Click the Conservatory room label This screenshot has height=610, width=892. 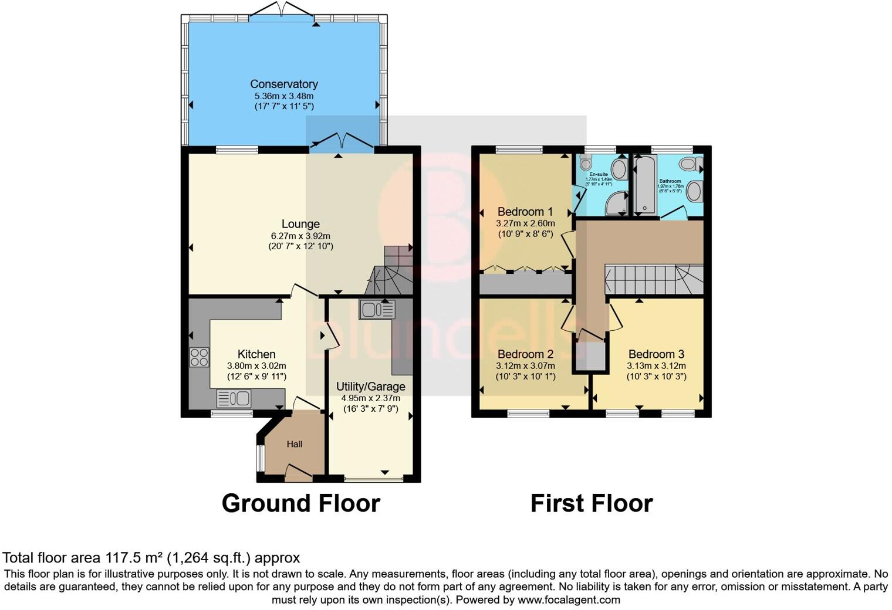284,84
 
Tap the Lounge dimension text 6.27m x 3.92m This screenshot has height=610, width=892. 300,236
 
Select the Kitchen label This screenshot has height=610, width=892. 256,354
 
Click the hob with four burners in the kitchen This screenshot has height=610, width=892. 199,357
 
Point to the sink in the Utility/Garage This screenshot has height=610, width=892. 377,309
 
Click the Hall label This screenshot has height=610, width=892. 295,444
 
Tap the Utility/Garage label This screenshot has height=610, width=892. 370,387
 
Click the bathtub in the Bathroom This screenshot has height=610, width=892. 644,185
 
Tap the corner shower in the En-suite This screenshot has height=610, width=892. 616,204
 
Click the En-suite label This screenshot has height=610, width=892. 599,174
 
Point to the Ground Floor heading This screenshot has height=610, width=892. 300,503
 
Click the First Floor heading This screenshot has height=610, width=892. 592,503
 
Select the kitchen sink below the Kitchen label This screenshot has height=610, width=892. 234,399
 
